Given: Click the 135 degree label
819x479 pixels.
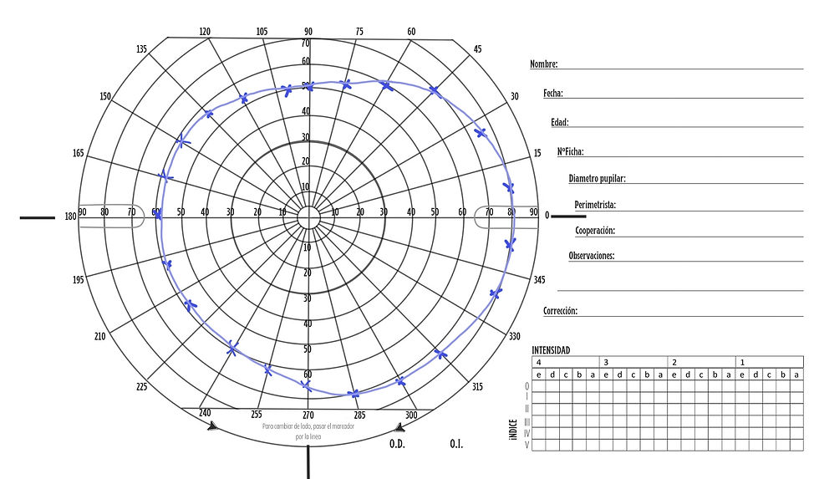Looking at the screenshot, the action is tap(142, 49).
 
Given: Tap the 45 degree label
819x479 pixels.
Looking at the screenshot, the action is tap(477, 49).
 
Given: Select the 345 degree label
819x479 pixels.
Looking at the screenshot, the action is tap(539, 280).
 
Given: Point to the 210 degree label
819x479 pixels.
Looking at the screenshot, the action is tap(99, 336).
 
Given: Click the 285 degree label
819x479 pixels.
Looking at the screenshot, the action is tap(359, 415).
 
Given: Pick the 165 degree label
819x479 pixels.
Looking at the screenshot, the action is tap(78, 153).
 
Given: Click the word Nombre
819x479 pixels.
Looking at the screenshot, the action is tap(543, 64).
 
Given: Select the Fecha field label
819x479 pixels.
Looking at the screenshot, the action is tap(552, 94).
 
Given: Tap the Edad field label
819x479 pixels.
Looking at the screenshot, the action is tap(559, 123).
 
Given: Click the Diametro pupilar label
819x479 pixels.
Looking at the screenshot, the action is tap(597, 179).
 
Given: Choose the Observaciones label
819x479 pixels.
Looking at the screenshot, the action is tap(592, 256).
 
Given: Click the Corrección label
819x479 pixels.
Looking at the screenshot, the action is tap(560, 311).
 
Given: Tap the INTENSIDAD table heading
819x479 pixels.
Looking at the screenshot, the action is tap(551, 351).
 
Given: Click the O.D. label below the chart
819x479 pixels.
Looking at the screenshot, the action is tap(397, 443).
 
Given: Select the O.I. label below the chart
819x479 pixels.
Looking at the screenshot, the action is tap(456, 443).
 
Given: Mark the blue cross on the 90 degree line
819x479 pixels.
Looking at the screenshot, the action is tap(308, 86).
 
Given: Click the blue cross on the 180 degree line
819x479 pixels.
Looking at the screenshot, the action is tap(158, 215).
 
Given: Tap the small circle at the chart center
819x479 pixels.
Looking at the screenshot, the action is tap(308, 217).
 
